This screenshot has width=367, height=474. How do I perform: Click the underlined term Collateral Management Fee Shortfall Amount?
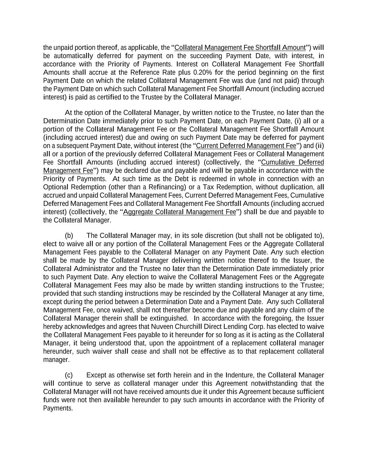point(240,48)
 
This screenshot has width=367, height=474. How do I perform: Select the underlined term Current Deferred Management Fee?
point(246,146)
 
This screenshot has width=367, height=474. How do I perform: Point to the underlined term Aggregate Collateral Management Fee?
point(180,212)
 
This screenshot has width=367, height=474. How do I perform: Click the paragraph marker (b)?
point(69,236)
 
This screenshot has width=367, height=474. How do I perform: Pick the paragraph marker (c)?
point(69,375)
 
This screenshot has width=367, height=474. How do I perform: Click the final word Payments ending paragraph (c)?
point(58,408)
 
